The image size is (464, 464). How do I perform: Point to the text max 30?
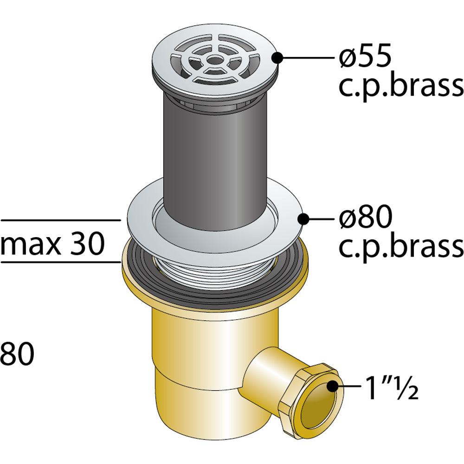click(x=53, y=244)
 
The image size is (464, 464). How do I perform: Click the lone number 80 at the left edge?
click(x=17, y=354)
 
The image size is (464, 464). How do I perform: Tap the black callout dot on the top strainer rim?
click(x=277, y=58)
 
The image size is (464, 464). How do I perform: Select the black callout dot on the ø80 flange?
click(x=303, y=219)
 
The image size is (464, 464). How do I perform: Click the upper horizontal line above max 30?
click(x=61, y=220)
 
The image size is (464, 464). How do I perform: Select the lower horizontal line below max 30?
click(x=61, y=262)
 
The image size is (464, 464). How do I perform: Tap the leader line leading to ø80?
click(x=322, y=219)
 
